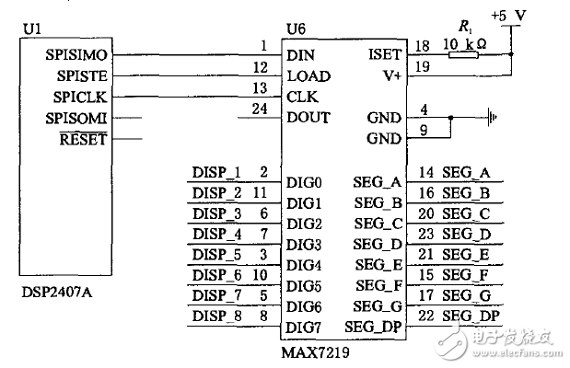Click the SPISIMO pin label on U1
click(76, 55)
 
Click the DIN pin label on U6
click(300, 55)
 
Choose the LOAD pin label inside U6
click(308, 76)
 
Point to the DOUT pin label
click(308, 118)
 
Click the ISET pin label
click(384, 55)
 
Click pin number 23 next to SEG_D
click(425, 234)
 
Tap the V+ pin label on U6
click(390, 76)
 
